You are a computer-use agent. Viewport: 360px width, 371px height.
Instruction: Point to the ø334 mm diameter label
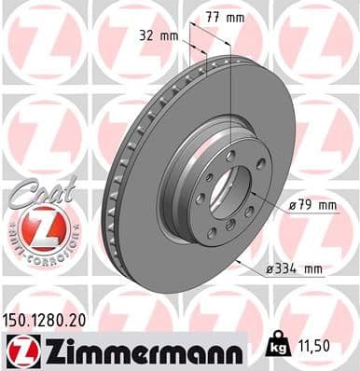pyautogui.click(x=295, y=269)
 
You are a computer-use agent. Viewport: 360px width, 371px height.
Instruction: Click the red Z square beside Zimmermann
pyautogui.click(x=21, y=350)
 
